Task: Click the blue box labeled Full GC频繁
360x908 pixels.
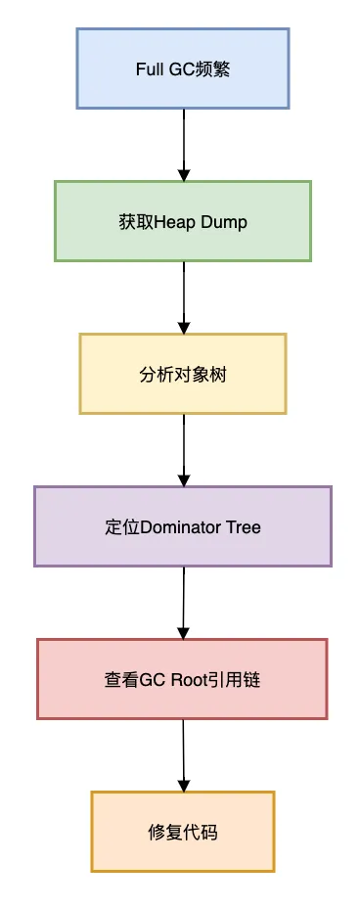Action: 183,68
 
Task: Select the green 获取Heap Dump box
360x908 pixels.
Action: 183,221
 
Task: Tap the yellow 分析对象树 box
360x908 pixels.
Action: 183,374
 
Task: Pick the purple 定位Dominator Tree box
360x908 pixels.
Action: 183,526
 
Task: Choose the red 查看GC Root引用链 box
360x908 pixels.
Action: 183,679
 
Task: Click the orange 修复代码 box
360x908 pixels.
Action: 183,832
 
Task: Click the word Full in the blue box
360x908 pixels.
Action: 149,69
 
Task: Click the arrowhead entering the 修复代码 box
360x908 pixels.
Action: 183,785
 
